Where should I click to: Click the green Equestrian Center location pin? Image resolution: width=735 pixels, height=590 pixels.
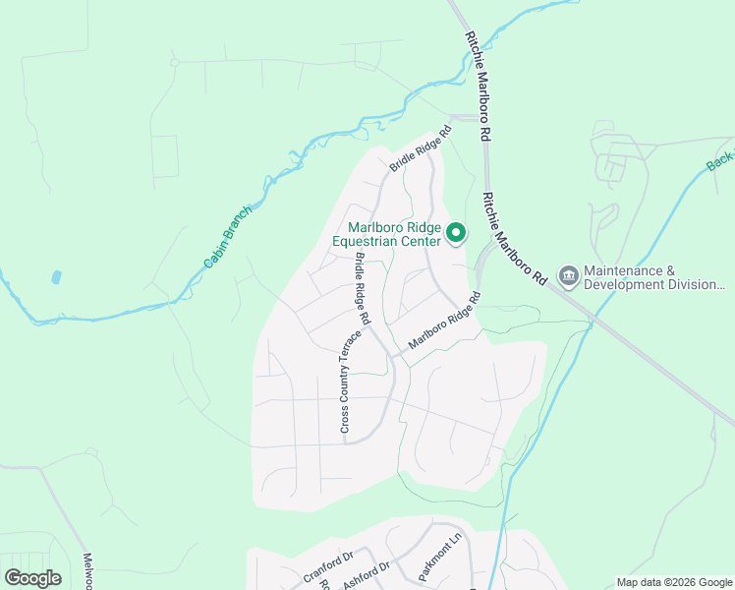click(x=456, y=233)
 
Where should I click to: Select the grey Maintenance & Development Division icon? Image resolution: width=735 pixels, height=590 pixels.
click(x=568, y=276)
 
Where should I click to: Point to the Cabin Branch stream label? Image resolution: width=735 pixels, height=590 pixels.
click(x=228, y=236)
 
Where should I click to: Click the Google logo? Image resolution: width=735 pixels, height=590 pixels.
click(x=32, y=578)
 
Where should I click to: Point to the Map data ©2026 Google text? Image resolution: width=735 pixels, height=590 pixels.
click(x=674, y=582)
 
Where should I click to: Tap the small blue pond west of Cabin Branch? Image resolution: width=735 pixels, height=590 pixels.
click(x=56, y=277)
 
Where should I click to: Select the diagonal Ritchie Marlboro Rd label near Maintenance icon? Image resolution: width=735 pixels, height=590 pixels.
click(x=513, y=238)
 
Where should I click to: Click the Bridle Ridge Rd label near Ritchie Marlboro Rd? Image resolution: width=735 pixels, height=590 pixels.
click(x=420, y=149)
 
